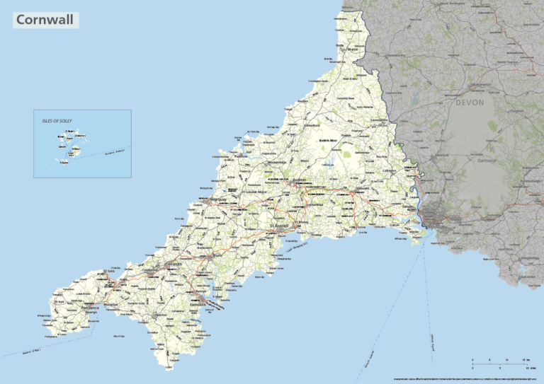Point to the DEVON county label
[x=469, y=103]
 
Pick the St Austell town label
[x=280, y=226]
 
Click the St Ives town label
[x=108, y=271]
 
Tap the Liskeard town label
[x=358, y=191]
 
